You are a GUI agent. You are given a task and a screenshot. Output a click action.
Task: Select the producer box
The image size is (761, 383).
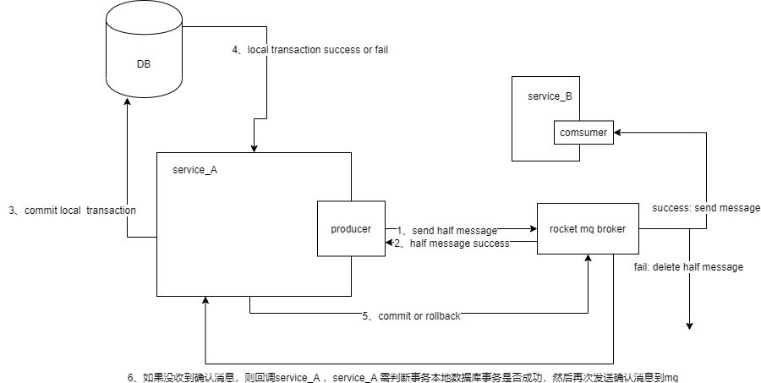pyautogui.click(x=350, y=228)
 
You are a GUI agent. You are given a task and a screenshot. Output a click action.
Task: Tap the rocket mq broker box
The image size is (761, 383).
pyautogui.click(x=587, y=228)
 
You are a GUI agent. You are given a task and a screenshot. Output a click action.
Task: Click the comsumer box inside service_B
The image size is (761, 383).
pyautogui.click(x=583, y=133)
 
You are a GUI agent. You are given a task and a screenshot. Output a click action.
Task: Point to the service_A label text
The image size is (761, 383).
pyautogui.click(x=194, y=170)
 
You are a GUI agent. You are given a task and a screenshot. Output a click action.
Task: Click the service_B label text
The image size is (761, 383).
pyautogui.click(x=550, y=96)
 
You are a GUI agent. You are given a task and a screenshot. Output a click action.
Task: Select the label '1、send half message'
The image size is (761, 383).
pyautogui.click(x=446, y=230)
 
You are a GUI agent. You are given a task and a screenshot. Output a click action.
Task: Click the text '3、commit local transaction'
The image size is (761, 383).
pyautogui.click(x=73, y=210)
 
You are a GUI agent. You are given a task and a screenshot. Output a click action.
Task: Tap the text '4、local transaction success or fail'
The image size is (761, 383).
pyautogui.click(x=310, y=50)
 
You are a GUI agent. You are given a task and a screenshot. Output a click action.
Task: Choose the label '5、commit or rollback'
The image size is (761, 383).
pyautogui.click(x=412, y=316)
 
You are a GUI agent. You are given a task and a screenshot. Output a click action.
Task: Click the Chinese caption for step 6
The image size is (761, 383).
pyautogui.click(x=403, y=378)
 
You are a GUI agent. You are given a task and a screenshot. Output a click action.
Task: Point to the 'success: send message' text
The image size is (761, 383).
pyautogui.click(x=706, y=208)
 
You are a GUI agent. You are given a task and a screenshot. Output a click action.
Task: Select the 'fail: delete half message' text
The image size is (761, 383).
pyautogui.click(x=688, y=267)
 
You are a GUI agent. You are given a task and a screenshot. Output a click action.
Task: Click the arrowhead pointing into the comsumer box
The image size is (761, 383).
pyautogui.click(x=617, y=133)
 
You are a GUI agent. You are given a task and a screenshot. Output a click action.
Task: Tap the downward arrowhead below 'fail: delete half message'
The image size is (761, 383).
pyautogui.click(x=690, y=326)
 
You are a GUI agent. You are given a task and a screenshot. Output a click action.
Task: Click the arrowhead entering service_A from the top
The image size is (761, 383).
pyautogui.click(x=253, y=147)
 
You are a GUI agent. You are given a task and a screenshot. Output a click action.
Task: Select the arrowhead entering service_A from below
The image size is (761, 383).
pyautogui.click(x=205, y=302)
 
